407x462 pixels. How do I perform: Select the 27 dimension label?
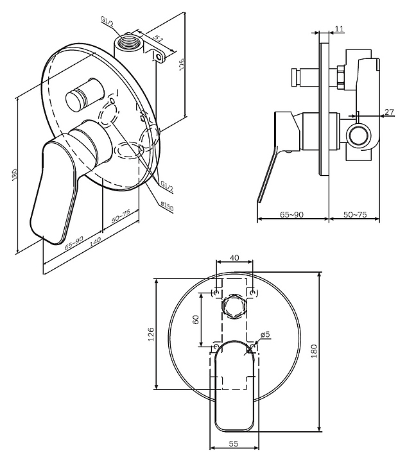click(388, 113)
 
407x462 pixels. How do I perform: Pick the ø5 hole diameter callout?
click(265, 334)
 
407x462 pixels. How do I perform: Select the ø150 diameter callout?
click(167, 206)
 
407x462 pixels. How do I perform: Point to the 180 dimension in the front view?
click(331, 351)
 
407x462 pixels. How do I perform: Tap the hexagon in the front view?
click(234, 308)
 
